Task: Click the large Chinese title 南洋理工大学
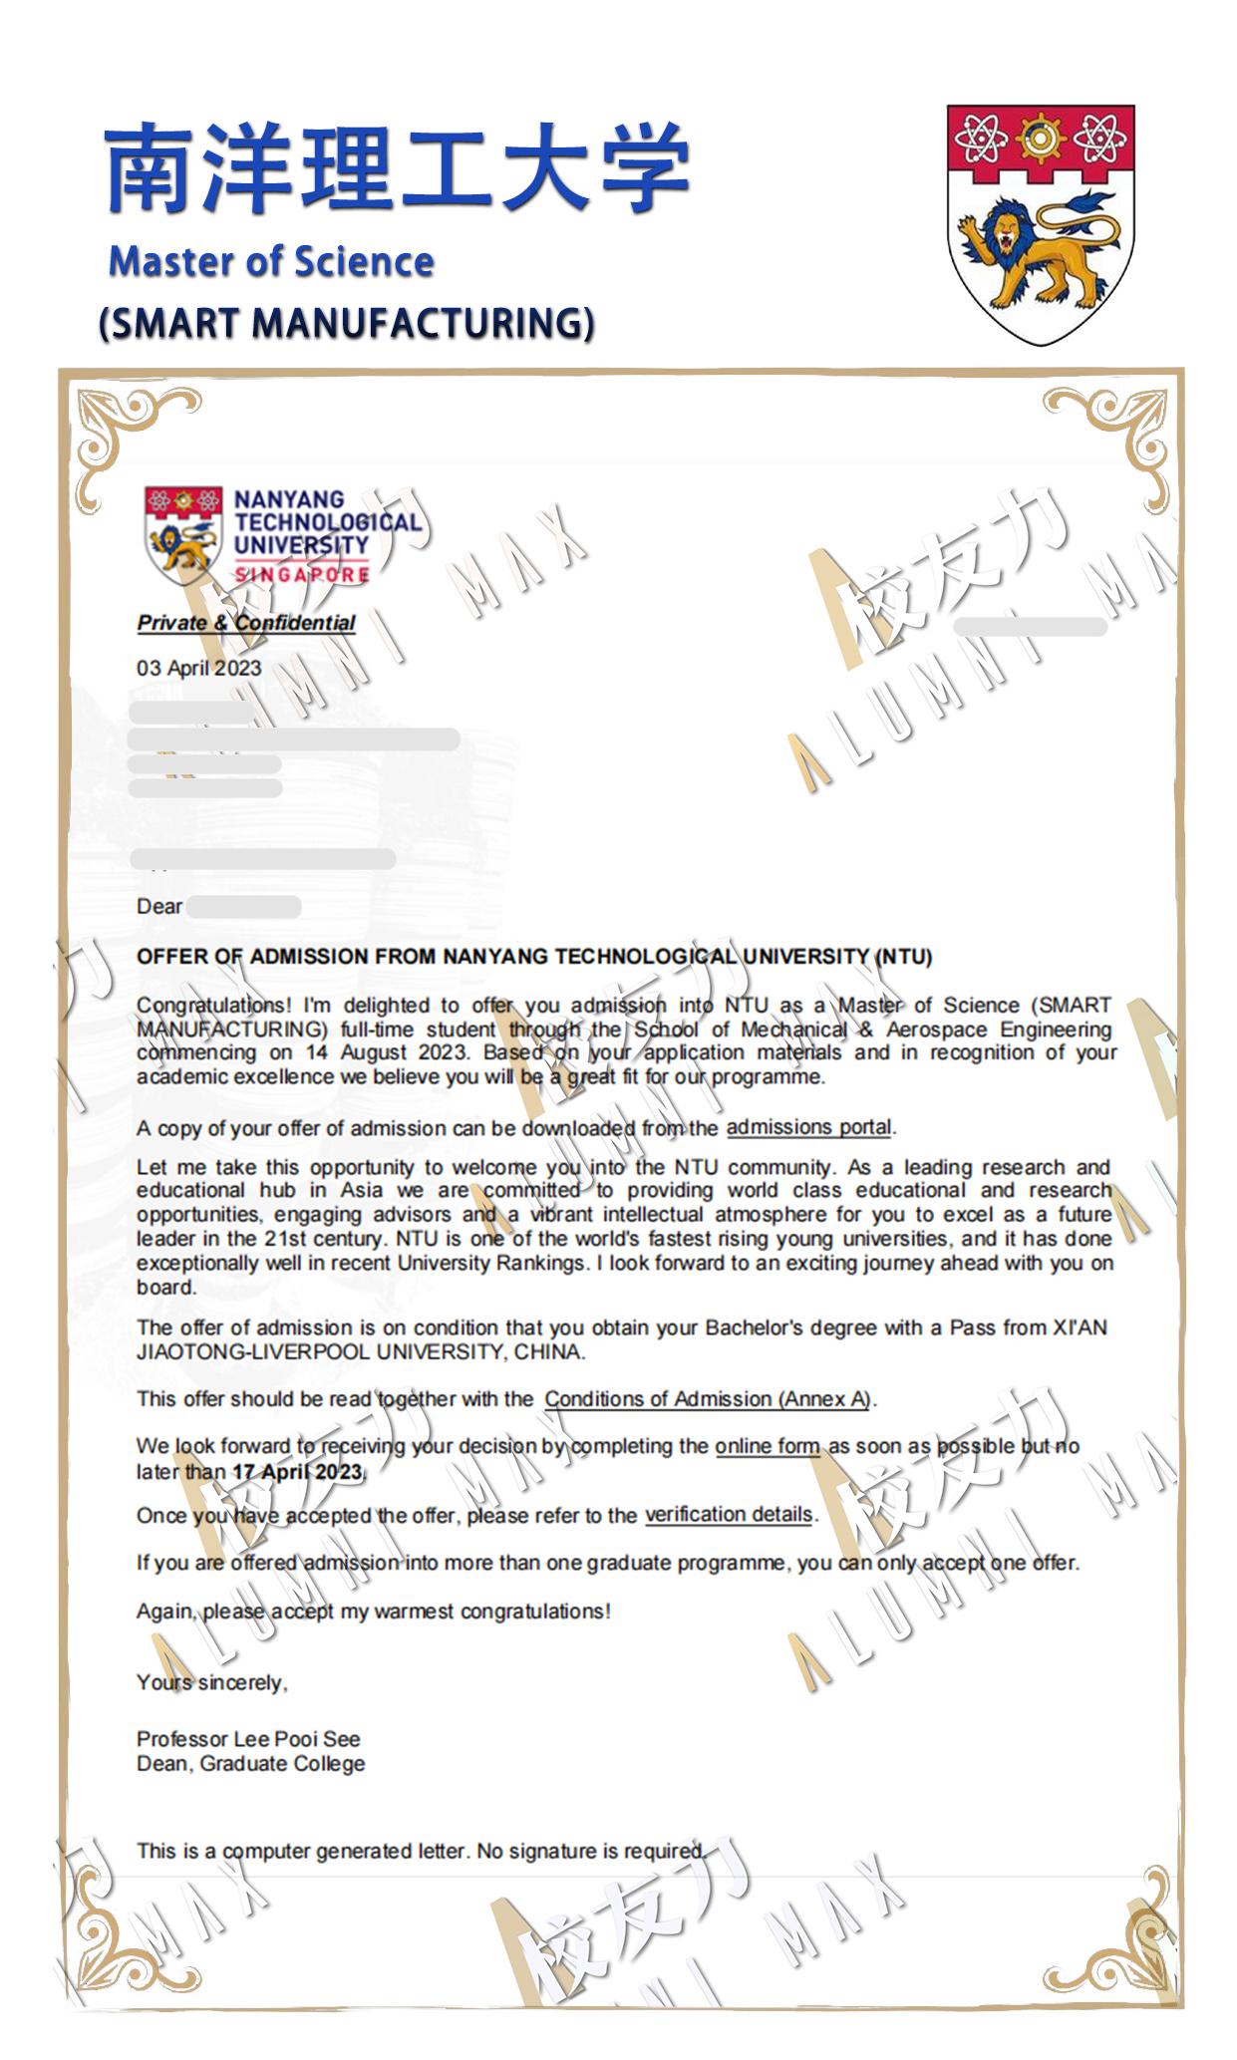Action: point(397,167)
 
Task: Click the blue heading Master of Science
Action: point(271,262)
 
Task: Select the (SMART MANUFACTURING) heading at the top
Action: point(347,323)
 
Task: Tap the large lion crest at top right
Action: point(1040,223)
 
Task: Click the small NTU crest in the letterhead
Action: point(182,534)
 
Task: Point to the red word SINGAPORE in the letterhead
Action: point(301,575)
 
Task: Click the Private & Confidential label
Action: point(246,623)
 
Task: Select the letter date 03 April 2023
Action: point(198,668)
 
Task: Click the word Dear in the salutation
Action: point(159,907)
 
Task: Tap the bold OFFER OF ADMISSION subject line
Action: point(534,957)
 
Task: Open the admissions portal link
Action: point(808,1127)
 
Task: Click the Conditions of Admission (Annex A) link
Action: point(707,1399)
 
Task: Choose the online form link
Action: point(767,1446)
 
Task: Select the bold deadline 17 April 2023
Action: point(298,1472)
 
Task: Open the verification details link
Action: point(729,1515)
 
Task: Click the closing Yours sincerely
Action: point(211,1682)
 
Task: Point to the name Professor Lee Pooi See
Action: point(248,1739)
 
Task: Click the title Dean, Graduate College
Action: point(250,1764)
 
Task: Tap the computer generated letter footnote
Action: point(421,1851)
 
